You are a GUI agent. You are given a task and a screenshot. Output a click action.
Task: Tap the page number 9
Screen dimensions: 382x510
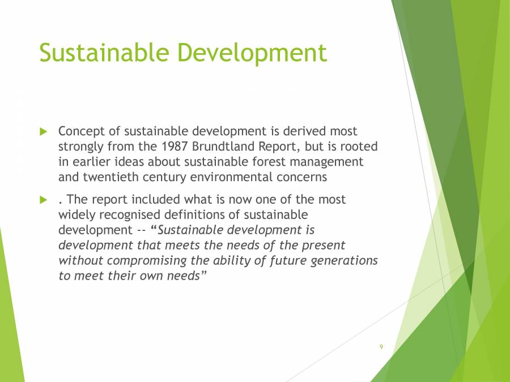click(x=381, y=346)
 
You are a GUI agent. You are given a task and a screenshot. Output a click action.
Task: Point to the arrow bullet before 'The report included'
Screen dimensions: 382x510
click(x=43, y=200)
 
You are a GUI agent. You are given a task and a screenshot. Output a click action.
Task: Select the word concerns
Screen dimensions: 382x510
click(x=300, y=177)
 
